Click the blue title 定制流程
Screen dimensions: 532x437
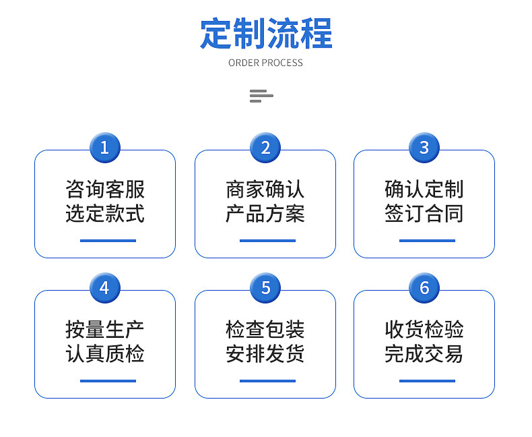[266, 33]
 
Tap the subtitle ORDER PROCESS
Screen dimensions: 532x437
[265, 63]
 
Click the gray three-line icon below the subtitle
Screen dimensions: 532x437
[261, 96]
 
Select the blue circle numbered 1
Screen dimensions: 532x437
[105, 148]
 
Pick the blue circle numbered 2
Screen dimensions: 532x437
[265, 148]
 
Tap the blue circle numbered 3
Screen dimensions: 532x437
[424, 148]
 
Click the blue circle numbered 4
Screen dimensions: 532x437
[105, 288]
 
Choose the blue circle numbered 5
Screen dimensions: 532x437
[265, 288]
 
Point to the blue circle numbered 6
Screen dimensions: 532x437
[424, 288]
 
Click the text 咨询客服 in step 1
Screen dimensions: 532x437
[105, 189]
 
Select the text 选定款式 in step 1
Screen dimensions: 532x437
[105, 213]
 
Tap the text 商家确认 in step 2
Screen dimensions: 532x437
[265, 189]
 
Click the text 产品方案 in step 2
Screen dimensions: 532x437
[265, 213]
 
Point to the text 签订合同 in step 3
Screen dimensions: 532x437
[424, 213]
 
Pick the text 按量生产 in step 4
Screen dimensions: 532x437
[105, 329]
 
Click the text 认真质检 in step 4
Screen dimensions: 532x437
[105, 354]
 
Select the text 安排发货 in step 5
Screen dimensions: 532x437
[265, 354]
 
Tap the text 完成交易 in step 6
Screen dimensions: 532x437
[424, 354]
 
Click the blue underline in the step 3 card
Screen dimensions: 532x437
[427, 241]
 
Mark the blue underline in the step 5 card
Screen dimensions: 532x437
[268, 381]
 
